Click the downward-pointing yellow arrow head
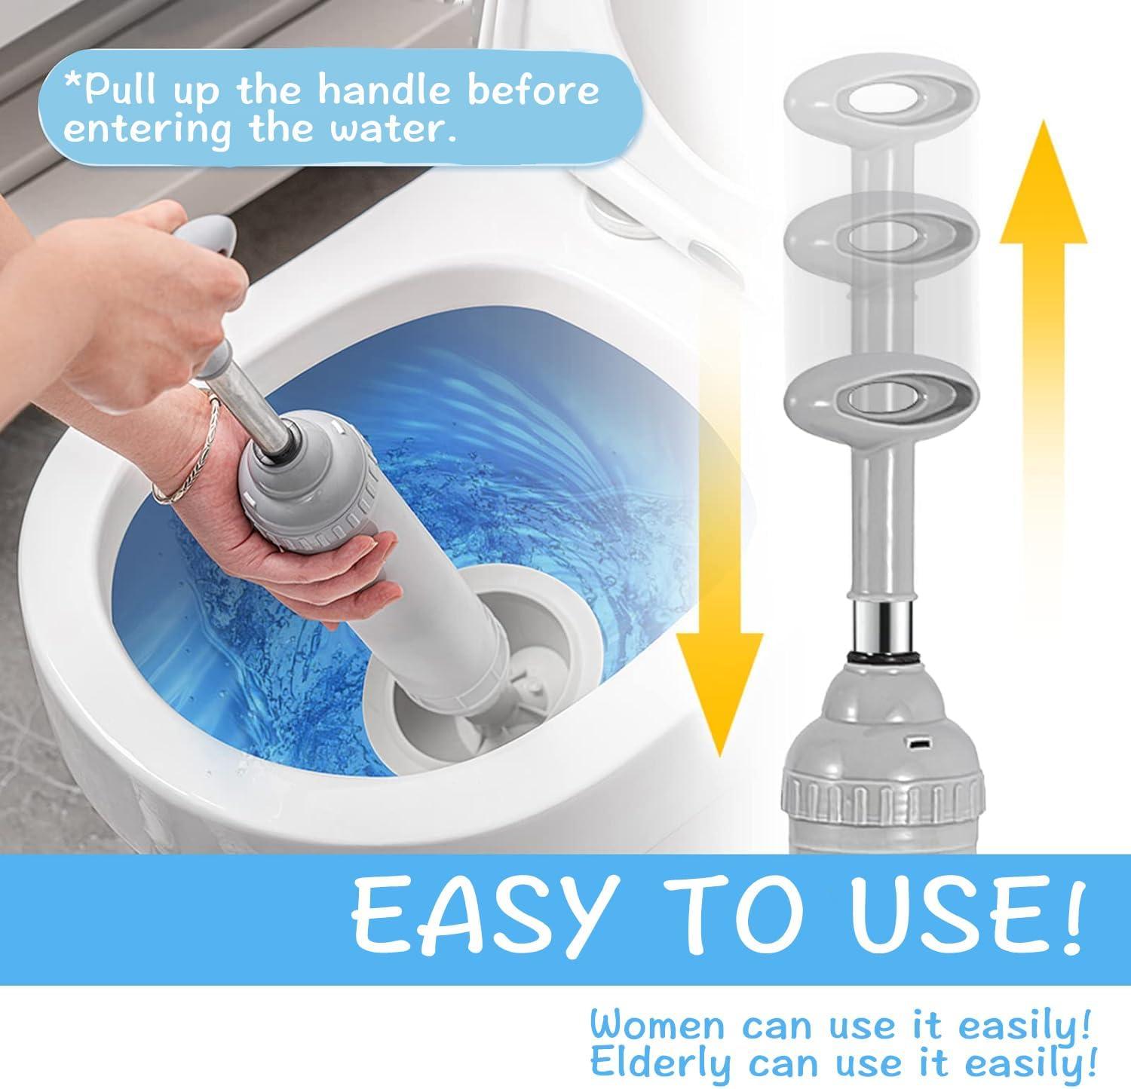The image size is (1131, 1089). tap(719, 682)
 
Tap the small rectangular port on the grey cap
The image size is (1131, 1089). tap(919, 746)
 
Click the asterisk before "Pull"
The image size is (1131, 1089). tap(72, 85)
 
